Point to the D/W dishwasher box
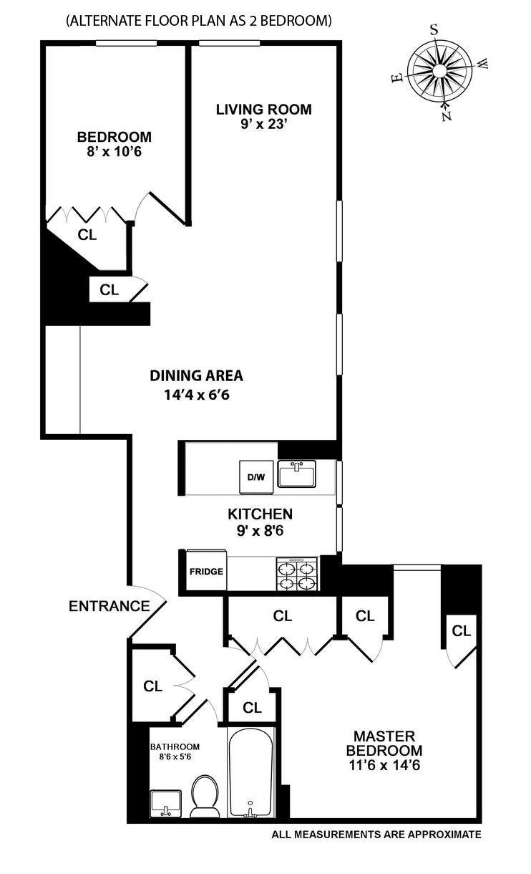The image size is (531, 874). tap(255, 477)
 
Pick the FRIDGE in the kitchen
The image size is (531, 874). tap(206, 571)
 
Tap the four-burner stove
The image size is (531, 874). tap(297, 572)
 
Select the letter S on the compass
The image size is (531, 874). tap(433, 30)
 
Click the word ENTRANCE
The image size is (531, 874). tap(109, 606)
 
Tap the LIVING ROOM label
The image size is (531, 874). tap(264, 110)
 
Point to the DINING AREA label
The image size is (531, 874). tap(196, 375)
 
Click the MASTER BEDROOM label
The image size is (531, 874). tap(384, 743)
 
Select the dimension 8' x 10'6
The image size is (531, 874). tap(114, 151)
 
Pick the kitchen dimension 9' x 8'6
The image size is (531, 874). tap(260, 531)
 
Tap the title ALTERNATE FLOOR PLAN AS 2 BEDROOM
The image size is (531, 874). tap(199, 21)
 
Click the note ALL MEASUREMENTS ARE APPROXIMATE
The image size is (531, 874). tap(376, 835)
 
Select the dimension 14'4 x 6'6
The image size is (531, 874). tap(196, 394)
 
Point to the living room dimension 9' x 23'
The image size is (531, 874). tap(264, 125)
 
